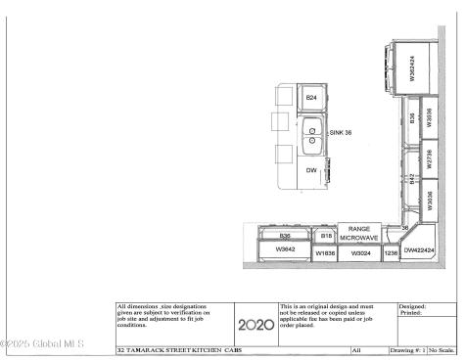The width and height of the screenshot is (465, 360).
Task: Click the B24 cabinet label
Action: (311, 98)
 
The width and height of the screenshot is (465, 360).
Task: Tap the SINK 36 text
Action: (340, 132)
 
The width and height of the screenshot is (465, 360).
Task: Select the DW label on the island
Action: (311, 170)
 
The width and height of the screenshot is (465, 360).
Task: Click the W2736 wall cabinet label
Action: (428, 156)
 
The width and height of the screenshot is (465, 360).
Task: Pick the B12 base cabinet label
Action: (412, 178)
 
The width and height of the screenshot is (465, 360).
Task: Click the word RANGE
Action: (359, 227)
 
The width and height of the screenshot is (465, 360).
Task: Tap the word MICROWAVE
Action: (359, 238)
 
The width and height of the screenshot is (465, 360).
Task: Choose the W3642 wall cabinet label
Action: (285, 249)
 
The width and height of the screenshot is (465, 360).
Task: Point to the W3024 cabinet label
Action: (361, 253)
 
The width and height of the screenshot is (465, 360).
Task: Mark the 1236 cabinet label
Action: (392, 253)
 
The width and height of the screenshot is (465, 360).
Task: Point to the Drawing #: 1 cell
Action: (407, 349)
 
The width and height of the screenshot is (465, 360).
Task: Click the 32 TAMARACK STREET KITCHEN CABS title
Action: (178, 349)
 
